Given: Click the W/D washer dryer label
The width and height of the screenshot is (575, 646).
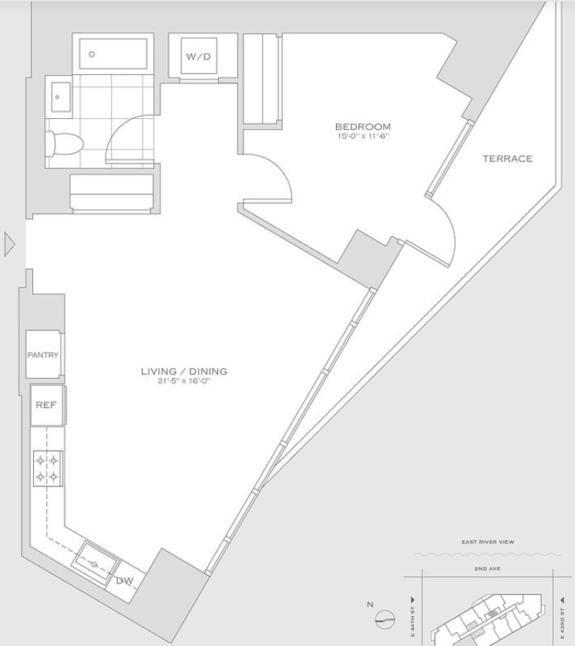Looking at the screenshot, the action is point(198,56).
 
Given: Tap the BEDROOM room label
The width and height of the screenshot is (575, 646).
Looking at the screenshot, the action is point(363,127).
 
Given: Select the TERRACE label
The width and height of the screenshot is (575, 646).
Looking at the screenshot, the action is point(507,159).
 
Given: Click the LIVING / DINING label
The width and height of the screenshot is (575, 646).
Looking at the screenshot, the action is point(184,371).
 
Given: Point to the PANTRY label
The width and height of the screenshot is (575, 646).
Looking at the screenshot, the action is point(42,355).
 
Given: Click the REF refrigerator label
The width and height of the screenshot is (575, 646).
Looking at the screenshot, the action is point(45,404).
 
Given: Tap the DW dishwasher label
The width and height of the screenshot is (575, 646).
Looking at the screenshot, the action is point(125,581).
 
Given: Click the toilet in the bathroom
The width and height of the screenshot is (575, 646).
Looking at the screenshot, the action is point(64,144).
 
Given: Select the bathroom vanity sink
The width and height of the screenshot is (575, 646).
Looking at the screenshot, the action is point(61,96).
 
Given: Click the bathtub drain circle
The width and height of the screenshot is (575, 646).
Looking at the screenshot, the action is point(92,54).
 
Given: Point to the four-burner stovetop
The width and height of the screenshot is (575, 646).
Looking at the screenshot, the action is point(48,468).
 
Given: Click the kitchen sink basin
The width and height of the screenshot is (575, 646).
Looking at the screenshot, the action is point(96,562).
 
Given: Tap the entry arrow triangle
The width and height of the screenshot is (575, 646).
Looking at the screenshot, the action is point(9,245).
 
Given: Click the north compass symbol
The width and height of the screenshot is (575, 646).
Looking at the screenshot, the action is point(385,619).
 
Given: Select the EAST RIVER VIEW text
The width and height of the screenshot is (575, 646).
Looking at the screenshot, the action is point(488,542).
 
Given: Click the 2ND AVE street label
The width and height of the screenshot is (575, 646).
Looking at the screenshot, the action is point(487,569).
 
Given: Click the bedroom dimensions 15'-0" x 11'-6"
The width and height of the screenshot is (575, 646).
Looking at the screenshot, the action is point(363,137).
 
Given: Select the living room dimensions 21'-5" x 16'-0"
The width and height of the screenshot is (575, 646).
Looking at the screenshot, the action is point(184,380).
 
